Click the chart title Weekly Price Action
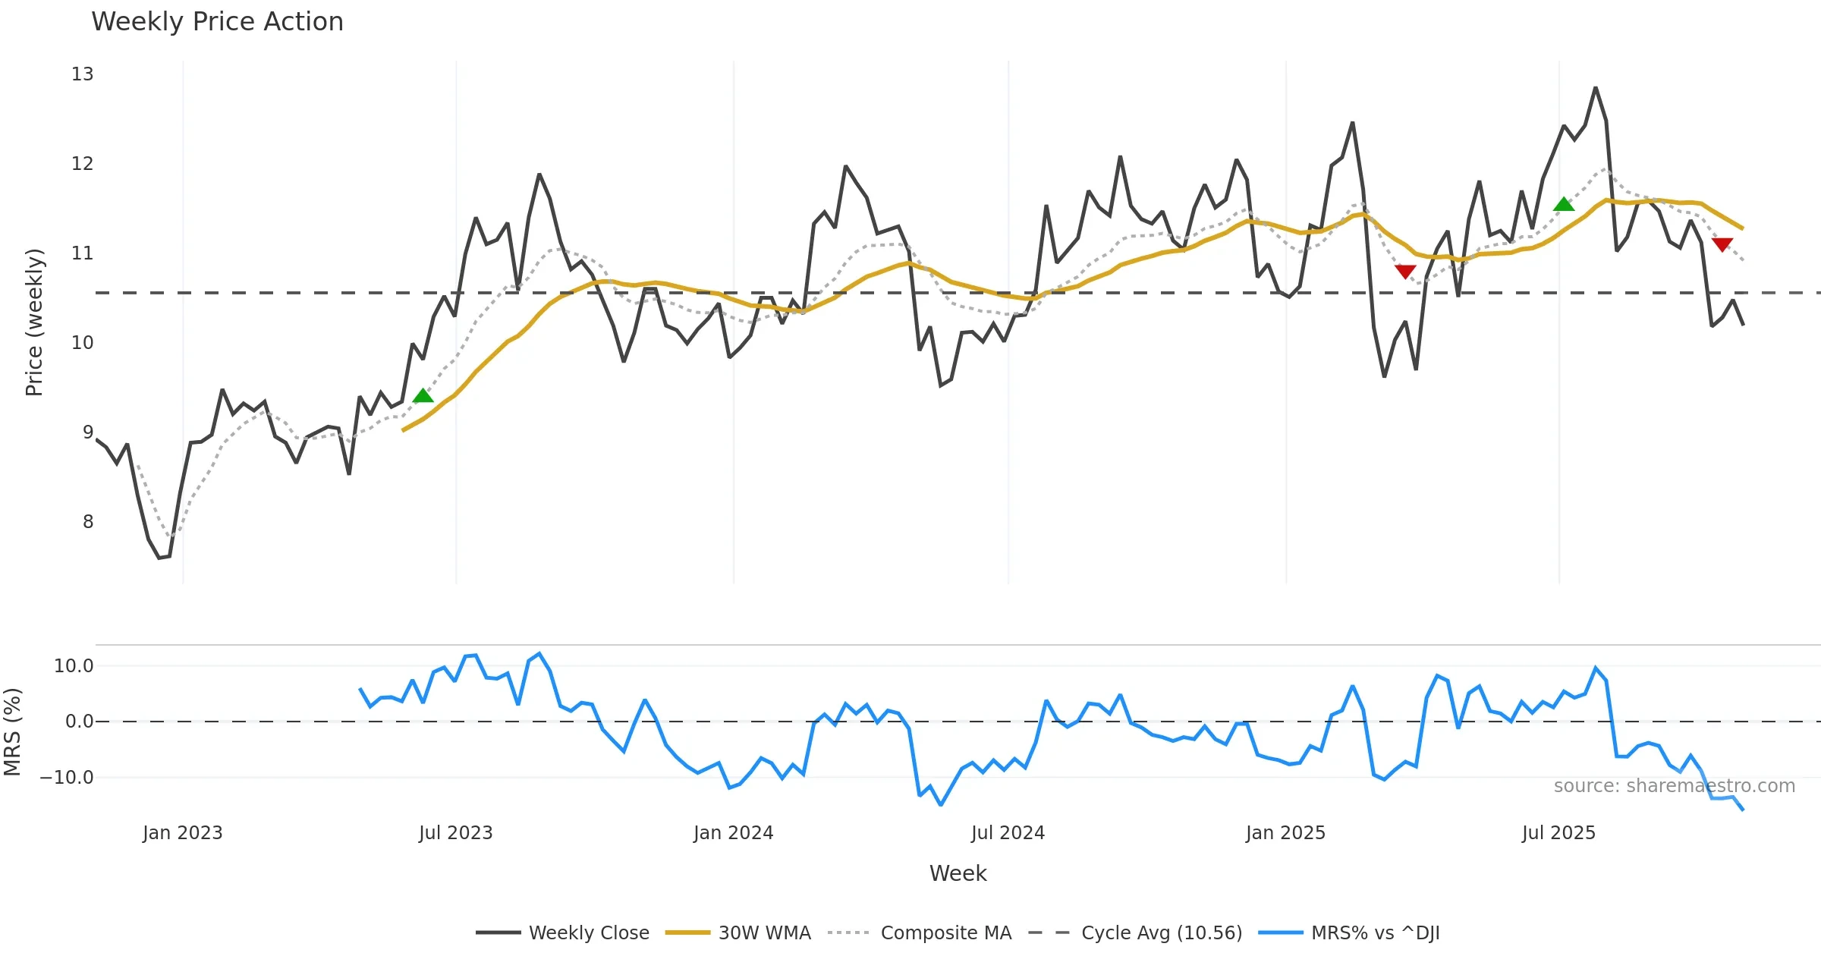coord(217,22)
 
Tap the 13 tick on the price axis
coord(83,74)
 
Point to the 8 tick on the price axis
coord(88,522)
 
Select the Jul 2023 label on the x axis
coord(455,833)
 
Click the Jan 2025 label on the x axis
coord(1285,833)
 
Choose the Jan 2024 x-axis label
coord(733,833)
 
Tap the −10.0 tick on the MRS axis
coord(67,778)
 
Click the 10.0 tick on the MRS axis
coord(74,666)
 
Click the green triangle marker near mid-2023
coord(423,396)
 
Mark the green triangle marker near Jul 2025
coord(1564,204)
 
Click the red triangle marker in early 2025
coord(1405,271)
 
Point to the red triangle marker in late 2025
coord(1722,244)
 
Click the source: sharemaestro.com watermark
coord(1674,786)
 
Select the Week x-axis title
coord(958,873)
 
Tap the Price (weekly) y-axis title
coord(34,322)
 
